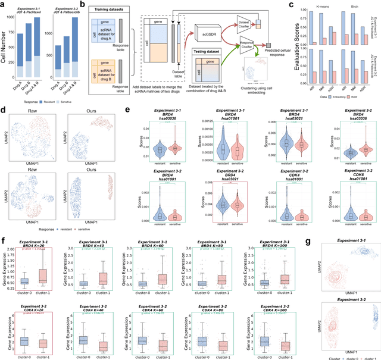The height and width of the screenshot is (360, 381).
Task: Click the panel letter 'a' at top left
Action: tap(4, 4)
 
